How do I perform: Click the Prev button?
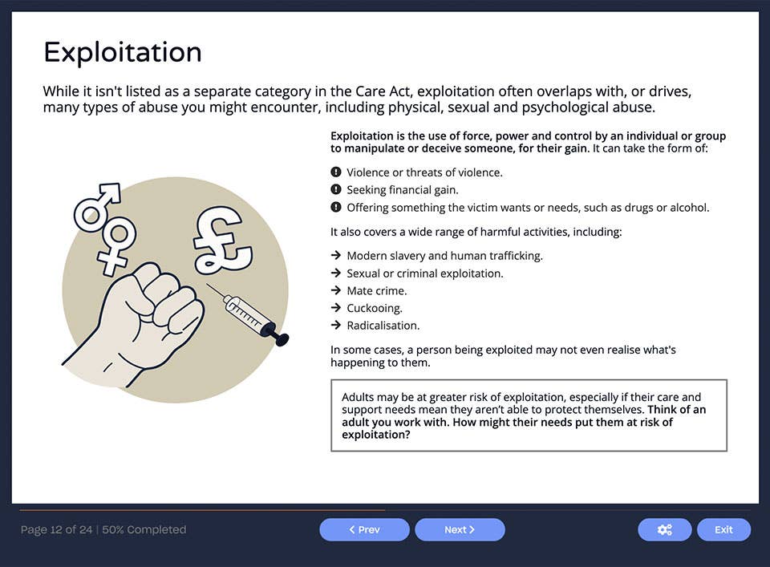tap(364, 530)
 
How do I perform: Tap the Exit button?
tap(723, 530)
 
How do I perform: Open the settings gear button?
tap(664, 530)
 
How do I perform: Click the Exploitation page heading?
tap(122, 53)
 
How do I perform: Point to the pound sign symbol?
tap(221, 236)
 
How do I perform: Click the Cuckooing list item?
tap(375, 309)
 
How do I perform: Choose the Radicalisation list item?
tap(383, 326)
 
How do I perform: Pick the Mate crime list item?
tap(376, 291)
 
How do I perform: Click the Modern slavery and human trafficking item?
tap(444, 256)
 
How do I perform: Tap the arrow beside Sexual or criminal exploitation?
tap(336, 273)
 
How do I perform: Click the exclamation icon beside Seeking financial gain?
tap(336, 190)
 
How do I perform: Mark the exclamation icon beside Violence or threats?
tap(336, 172)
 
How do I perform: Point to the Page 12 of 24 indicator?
tap(56, 530)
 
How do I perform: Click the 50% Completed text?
tap(144, 530)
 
